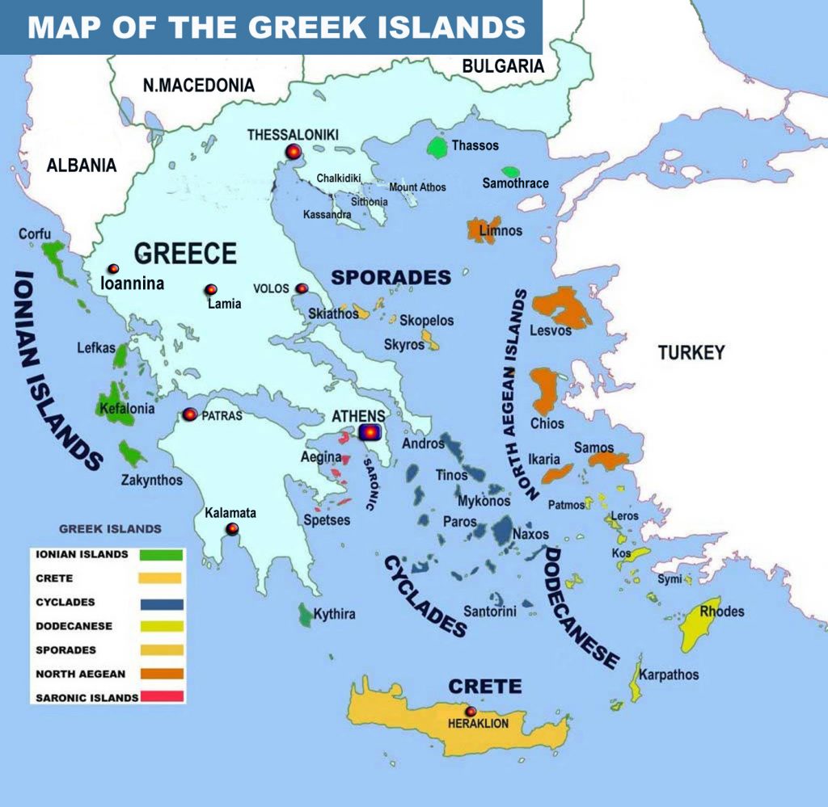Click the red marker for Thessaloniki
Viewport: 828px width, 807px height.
click(x=293, y=151)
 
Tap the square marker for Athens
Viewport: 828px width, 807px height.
click(x=370, y=433)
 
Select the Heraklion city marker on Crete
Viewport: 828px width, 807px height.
click(x=471, y=711)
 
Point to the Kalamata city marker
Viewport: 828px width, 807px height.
click(x=233, y=529)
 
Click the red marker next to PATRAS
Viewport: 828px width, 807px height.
click(x=190, y=414)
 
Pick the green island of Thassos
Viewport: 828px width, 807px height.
click(x=437, y=147)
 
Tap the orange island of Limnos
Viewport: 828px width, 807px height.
click(x=484, y=229)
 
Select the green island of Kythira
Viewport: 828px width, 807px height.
click(x=306, y=615)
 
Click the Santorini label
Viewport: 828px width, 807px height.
click(x=489, y=612)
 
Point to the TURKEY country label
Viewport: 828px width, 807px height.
click(x=691, y=352)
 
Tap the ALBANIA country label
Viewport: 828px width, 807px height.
click(x=81, y=166)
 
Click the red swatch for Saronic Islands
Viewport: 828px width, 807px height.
click(x=162, y=696)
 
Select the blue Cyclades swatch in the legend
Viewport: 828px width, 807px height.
click(x=162, y=603)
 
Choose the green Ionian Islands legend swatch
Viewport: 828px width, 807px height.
click(x=162, y=555)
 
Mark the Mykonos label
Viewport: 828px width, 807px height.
click(x=484, y=501)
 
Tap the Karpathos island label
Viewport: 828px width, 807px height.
click(x=669, y=675)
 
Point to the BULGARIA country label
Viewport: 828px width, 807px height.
click(x=503, y=66)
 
